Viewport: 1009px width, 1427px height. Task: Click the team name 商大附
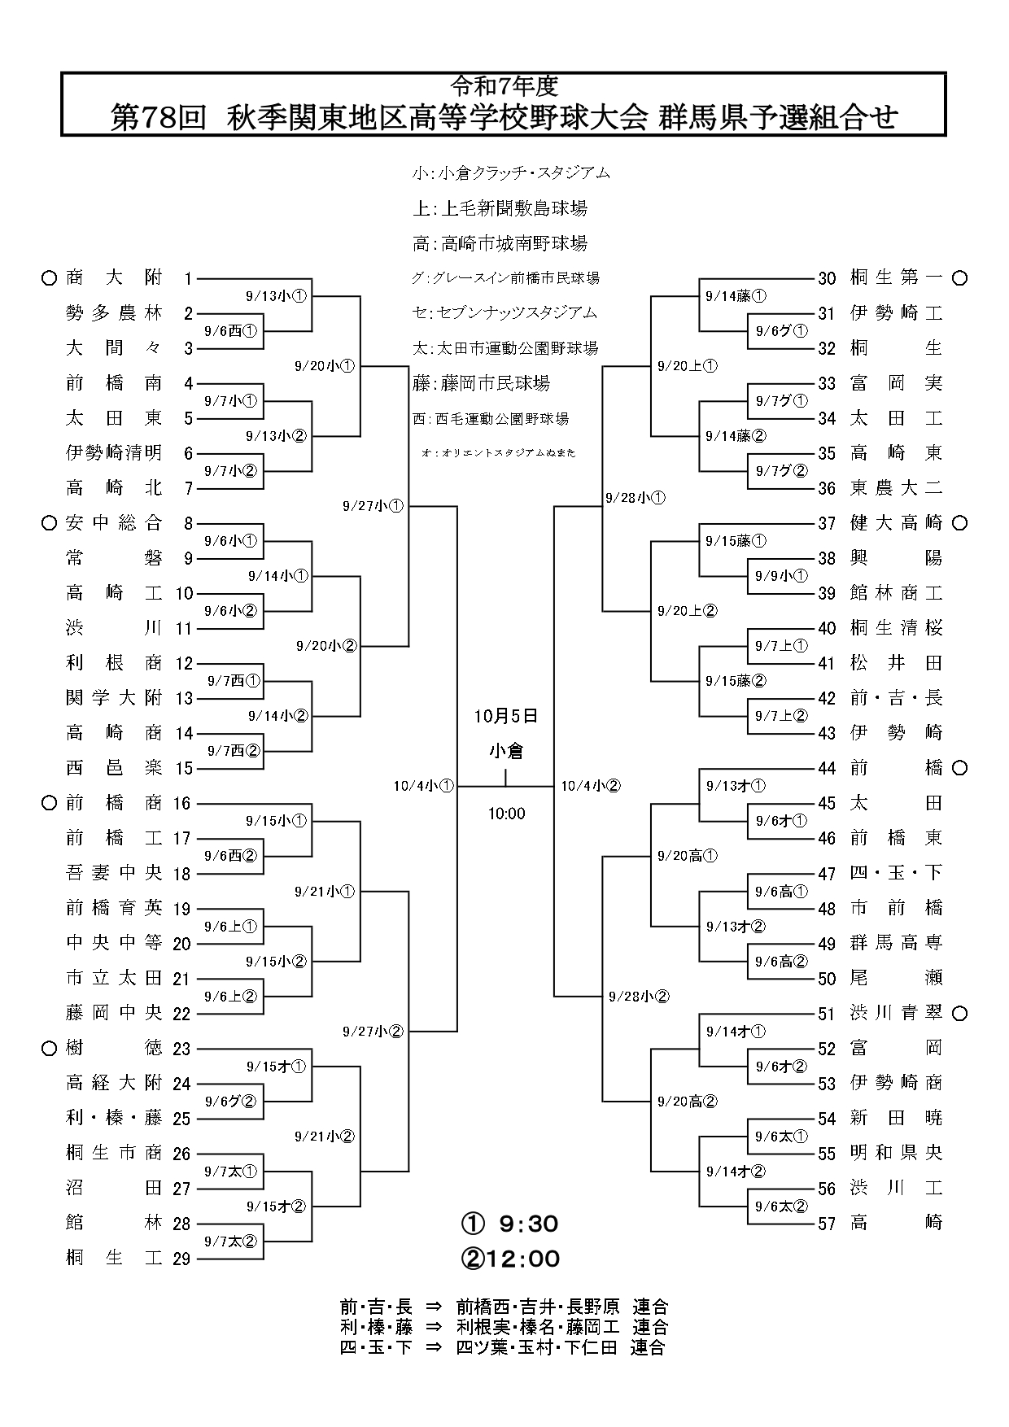114,278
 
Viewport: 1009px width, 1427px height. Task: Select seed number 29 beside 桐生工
181,1259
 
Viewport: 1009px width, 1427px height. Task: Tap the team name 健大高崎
896,523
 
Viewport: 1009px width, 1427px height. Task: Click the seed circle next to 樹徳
49,1049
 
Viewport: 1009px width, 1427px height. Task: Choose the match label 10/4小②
591,786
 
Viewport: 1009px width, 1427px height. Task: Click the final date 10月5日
506,716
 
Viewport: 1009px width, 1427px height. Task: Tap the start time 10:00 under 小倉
506,814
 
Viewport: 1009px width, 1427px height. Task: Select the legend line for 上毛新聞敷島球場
500,208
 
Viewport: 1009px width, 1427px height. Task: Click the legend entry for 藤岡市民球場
481,383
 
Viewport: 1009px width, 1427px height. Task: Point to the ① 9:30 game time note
510,1224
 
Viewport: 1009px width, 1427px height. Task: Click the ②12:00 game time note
510,1259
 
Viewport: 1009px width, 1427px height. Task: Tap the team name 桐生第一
896,278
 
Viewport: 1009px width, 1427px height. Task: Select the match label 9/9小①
780,576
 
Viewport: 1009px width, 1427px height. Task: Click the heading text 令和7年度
504,84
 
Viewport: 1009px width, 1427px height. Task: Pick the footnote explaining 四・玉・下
503,1346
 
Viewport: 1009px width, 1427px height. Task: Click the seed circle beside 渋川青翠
959,1014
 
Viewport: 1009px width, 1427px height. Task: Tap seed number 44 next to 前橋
827,768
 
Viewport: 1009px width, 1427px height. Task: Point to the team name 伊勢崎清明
114,452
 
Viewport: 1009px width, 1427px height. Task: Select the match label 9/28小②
638,996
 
